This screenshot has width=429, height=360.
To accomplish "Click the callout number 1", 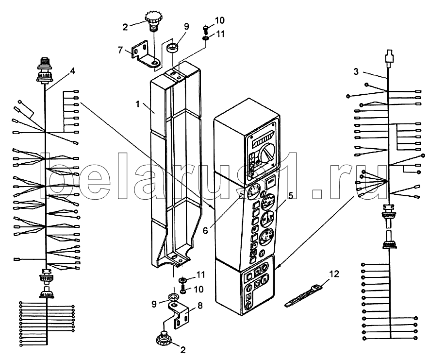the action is click(x=138, y=104).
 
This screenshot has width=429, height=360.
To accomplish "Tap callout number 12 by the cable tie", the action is click(x=334, y=274).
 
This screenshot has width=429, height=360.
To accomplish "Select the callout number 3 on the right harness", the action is click(x=356, y=72).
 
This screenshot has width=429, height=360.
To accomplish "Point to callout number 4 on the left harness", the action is click(x=72, y=71).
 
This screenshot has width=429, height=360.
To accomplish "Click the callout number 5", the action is click(x=291, y=195).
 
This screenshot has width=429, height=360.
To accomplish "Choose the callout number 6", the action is click(x=205, y=231).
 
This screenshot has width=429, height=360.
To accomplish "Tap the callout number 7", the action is click(x=120, y=50).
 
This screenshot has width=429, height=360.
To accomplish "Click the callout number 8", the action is click(x=200, y=306).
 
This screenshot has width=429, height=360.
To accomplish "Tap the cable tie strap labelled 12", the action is click(x=304, y=296).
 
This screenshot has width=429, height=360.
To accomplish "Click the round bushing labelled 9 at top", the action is click(x=173, y=49).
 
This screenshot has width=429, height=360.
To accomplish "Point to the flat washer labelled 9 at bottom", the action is click(x=173, y=296).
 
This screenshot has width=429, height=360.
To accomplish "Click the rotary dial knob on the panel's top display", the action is click(x=267, y=154).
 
